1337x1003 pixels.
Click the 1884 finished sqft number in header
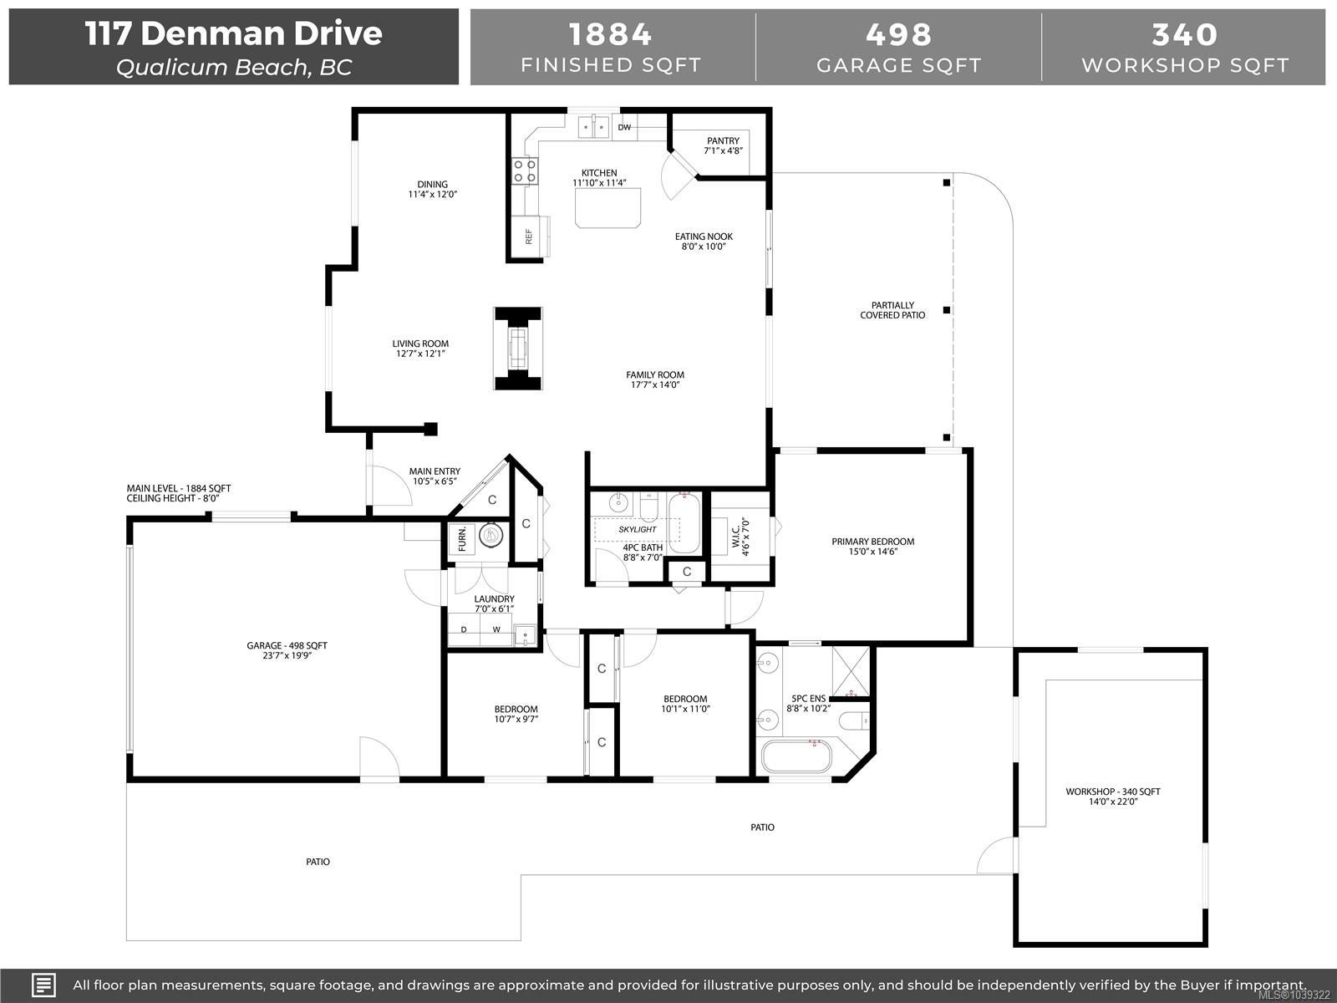[610, 35]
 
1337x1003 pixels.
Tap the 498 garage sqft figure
[899, 35]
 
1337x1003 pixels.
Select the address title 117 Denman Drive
[233, 33]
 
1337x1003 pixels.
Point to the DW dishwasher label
[624, 127]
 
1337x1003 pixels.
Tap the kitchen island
[607, 207]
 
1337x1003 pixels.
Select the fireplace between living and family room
[518, 349]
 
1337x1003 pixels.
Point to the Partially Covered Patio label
[892, 310]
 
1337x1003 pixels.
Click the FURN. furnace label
[462, 538]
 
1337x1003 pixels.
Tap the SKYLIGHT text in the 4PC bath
[637, 529]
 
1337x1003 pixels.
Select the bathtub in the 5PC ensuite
[796, 756]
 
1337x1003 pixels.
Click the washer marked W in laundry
[496, 629]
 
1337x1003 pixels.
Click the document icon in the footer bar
[43, 985]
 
